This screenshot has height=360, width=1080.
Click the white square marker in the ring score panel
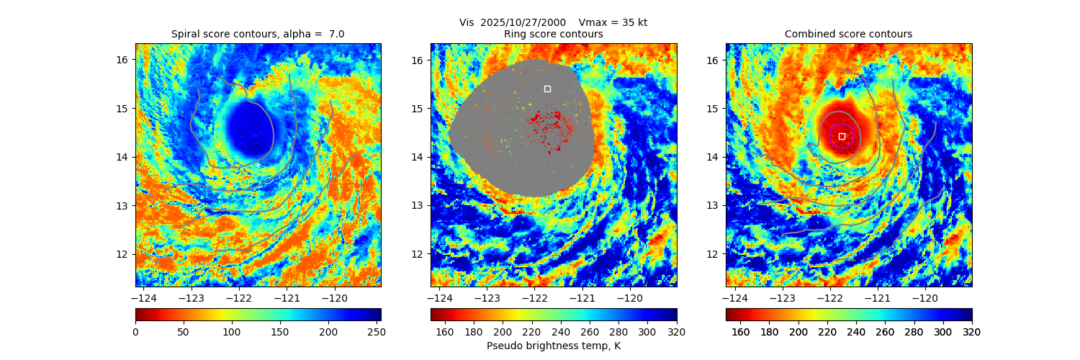547,89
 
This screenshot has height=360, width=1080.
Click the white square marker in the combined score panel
842,136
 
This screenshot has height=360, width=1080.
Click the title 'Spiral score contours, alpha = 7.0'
258,34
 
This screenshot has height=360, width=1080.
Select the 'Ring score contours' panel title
553,34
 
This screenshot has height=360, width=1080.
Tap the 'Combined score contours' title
848,34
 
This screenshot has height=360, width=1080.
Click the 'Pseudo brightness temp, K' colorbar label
553,346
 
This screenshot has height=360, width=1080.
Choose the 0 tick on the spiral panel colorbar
135,331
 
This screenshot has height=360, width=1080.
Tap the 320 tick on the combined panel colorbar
971,331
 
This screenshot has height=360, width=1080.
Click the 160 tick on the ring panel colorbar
445,331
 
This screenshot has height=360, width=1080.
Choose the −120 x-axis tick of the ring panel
630,297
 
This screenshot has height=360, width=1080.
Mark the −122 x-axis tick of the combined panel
829,297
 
